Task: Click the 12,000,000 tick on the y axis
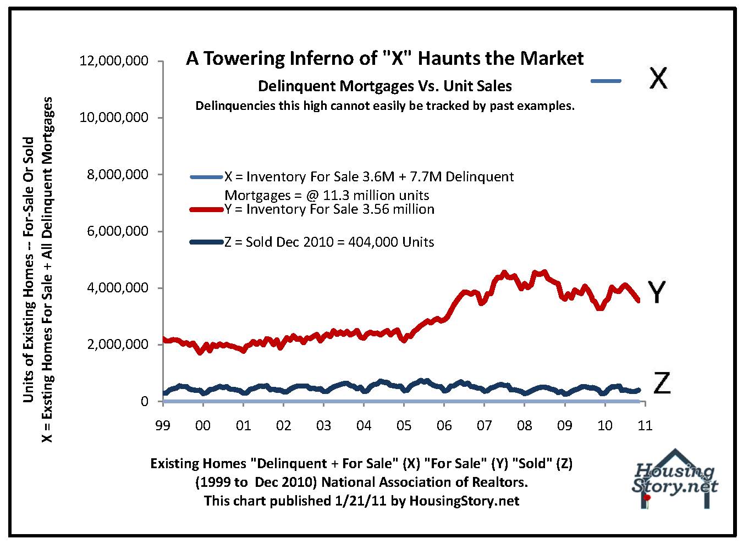[114, 60]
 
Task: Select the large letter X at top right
[657, 79]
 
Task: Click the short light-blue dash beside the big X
[606, 81]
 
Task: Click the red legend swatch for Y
[206, 209]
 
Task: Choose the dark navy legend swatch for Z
[206, 242]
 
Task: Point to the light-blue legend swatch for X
[206, 177]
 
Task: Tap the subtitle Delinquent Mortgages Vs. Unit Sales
[385, 86]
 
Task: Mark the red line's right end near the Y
[638, 299]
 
